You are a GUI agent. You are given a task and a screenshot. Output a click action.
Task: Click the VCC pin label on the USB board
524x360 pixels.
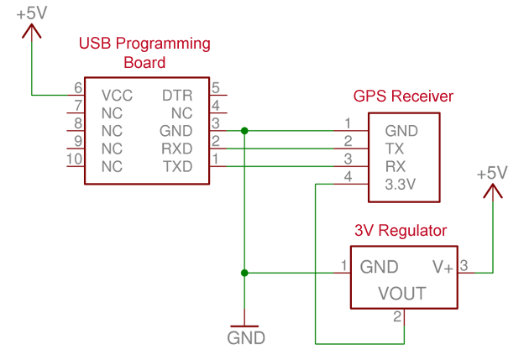(x=117, y=96)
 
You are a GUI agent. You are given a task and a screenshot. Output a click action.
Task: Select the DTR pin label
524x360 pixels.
(x=177, y=96)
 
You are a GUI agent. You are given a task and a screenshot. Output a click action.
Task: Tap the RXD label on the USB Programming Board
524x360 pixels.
(x=177, y=149)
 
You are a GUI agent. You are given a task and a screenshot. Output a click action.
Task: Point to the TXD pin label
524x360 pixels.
(x=177, y=166)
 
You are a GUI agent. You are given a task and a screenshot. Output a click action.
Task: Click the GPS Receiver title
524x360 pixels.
(x=403, y=97)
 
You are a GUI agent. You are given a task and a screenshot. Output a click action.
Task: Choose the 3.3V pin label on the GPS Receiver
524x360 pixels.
(x=401, y=185)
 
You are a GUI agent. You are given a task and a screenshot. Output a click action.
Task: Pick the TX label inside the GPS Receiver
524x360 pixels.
(x=395, y=149)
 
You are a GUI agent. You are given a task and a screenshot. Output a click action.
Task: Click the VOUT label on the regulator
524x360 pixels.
(x=402, y=294)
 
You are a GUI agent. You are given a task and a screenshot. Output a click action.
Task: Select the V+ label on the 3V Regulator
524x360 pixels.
(x=443, y=267)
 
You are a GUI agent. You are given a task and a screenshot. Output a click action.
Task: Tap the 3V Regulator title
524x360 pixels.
(x=401, y=231)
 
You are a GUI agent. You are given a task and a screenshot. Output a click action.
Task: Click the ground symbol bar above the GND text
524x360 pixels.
(x=244, y=326)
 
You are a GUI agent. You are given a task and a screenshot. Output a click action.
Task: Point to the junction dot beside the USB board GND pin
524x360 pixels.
(x=244, y=131)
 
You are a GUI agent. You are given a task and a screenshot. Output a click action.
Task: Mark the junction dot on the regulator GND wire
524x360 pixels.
(x=244, y=273)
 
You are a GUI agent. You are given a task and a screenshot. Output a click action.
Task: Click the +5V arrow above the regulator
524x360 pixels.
(x=493, y=193)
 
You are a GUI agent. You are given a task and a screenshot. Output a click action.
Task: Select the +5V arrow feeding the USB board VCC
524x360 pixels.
(x=32, y=33)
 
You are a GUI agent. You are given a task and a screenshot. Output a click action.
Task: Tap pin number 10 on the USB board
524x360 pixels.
(x=75, y=159)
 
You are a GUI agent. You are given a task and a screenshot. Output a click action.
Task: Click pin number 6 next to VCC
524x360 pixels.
(x=78, y=88)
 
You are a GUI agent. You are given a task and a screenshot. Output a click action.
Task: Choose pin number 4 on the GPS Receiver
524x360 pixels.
(x=348, y=176)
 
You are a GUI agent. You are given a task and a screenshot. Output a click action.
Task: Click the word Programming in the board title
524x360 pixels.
(x=163, y=44)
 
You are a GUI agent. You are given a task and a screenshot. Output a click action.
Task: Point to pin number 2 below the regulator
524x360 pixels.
(x=397, y=316)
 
